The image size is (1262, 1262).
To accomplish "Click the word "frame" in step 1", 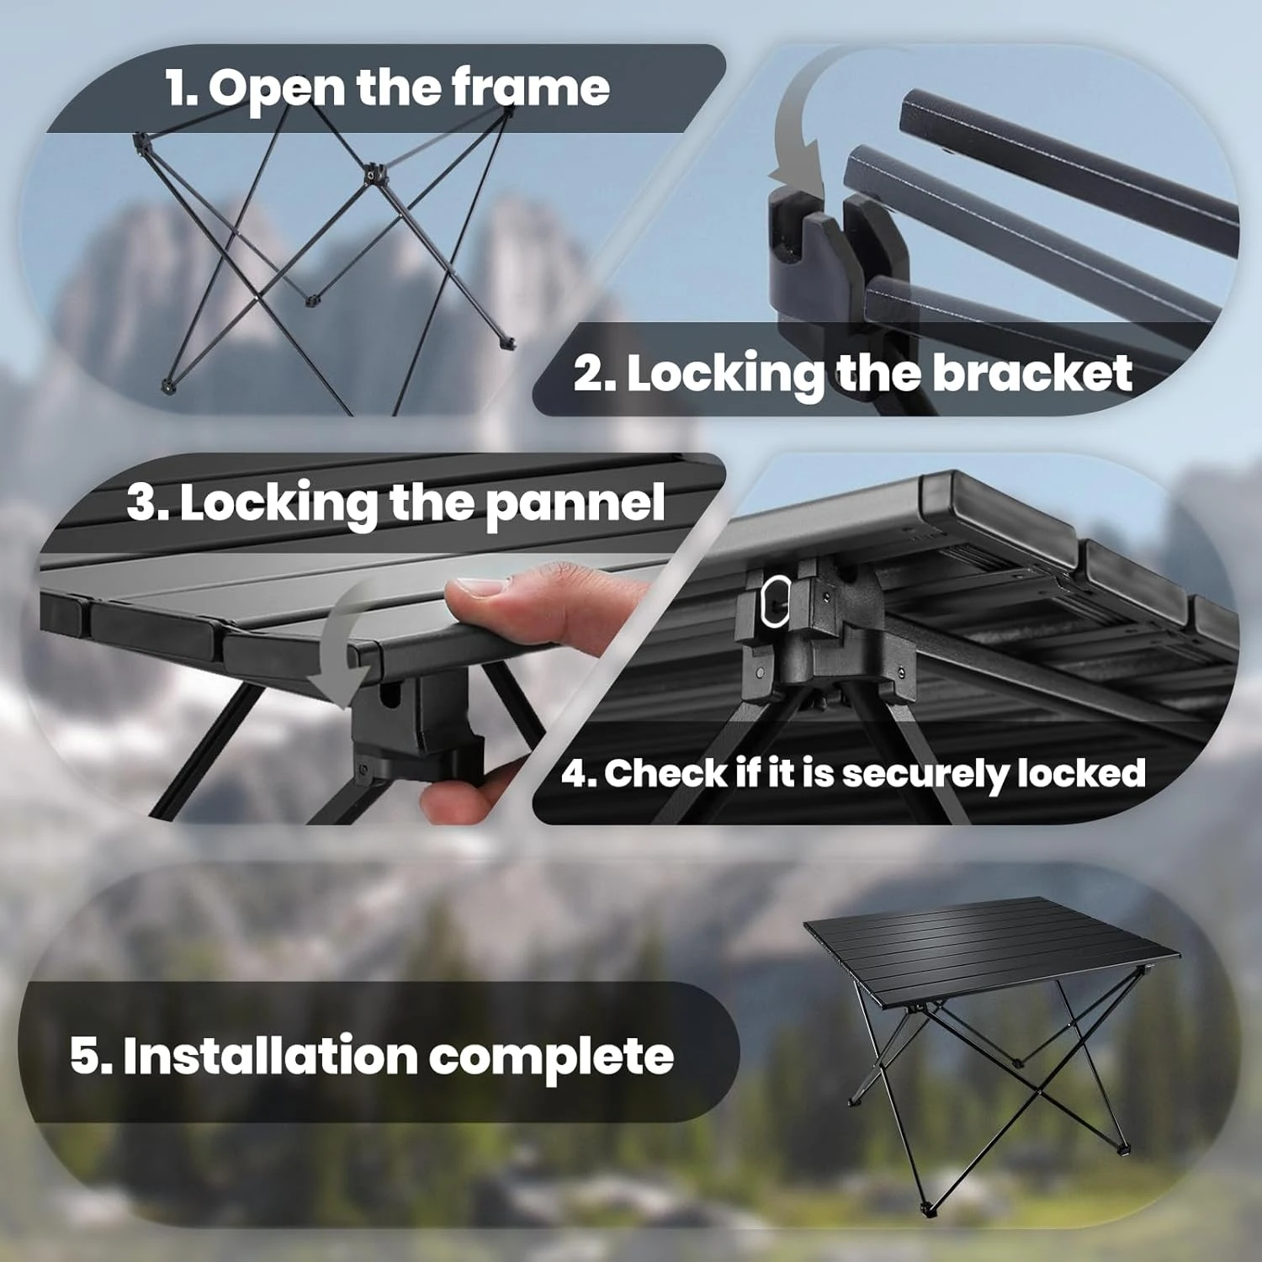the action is (x=530, y=87).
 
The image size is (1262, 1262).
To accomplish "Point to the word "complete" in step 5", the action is (x=551, y=1058).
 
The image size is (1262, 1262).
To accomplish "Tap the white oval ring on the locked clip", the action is (x=775, y=602).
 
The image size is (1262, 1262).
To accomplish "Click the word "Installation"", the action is (x=270, y=1056).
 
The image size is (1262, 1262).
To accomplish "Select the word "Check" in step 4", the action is (x=665, y=773).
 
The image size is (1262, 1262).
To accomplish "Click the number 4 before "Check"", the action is (x=577, y=773).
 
